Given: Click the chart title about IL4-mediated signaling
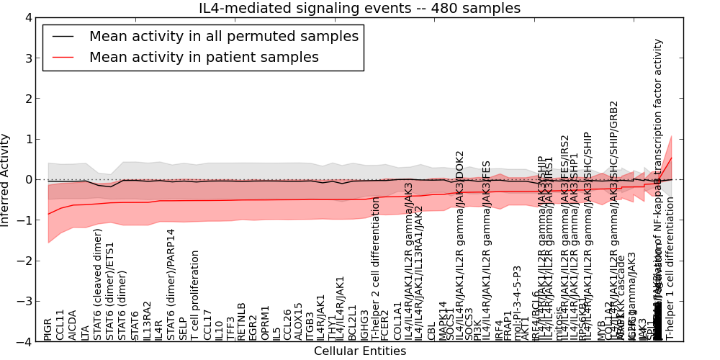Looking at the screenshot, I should tap(359, 9).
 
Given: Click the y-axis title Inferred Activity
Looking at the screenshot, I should tap(6, 179).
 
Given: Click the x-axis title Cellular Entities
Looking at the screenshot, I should tap(359, 351).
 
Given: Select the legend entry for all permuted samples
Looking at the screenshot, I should tap(223, 36).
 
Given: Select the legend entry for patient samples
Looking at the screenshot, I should tap(204, 57).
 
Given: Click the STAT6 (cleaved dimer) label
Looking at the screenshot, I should tap(97, 284).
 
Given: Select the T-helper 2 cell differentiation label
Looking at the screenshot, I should tap(376, 268).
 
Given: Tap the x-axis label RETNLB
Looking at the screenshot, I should tap(243, 322).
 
